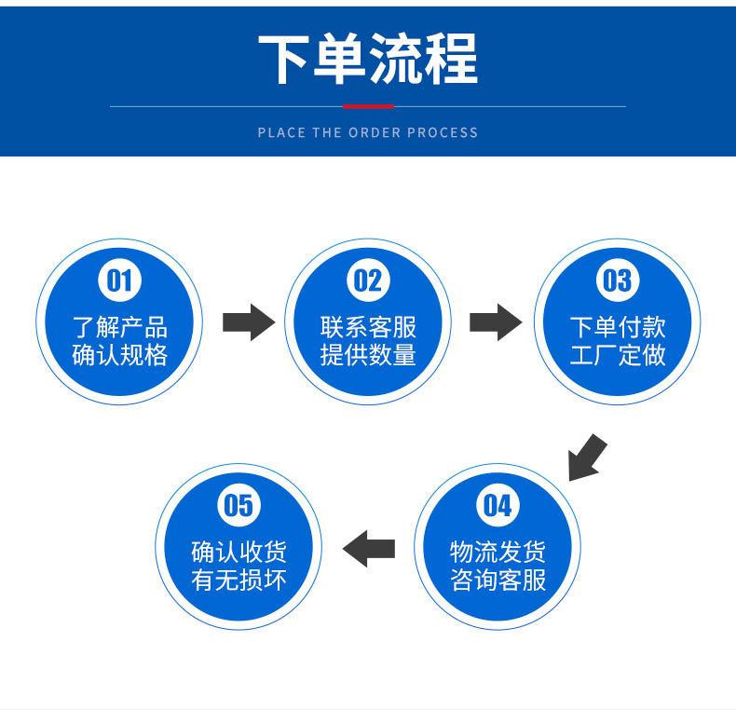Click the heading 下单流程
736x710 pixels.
tap(367, 58)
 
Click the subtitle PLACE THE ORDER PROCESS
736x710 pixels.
tap(367, 132)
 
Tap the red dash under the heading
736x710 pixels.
tap(368, 107)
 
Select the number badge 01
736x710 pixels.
tap(120, 280)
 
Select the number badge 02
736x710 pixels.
tap(367, 280)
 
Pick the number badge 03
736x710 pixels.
tap(617, 280)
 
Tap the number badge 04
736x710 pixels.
tap(497, 506)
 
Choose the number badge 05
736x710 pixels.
tap(239, 506)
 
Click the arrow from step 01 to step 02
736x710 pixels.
tap(248, 322)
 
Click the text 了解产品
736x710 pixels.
tap(120, 327)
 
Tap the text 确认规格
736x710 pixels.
tap(120, 356)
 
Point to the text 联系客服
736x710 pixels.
tap(368, 327)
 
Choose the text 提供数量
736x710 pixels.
tap(368, 356)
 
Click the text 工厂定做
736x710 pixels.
tap(618, 356)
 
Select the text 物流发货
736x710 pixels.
tap(497, 552)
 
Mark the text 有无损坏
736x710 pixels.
tap(239, 580)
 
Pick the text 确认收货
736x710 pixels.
tap(239, 552)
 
